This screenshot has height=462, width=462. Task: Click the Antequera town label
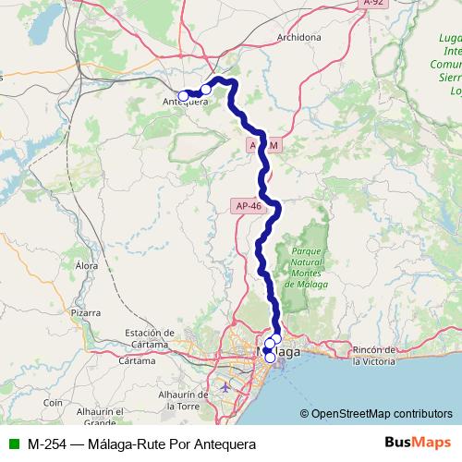click(x=185, y=102)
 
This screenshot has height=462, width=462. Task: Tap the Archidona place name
click(x=298, y=38)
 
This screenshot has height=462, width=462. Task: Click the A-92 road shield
click(x=372, y=4)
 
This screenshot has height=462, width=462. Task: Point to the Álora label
click(x=87, y=265)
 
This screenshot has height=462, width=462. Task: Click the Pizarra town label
click(x=83, y=313)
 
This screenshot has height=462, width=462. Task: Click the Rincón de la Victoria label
click(x=381, y=355)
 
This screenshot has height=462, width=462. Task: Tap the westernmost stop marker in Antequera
click(x=184, y=95)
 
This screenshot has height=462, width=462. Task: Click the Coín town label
click(x=52, y=403)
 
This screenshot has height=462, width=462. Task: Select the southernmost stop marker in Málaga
click(x=269, y=358)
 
